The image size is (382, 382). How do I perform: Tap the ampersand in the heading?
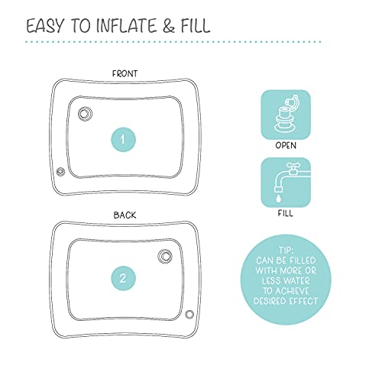pos(168,26)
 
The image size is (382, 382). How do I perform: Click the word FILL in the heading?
pos(196,25)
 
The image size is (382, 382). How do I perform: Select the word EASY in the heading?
pos(45,26)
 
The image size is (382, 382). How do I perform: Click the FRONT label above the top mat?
pos(125,73)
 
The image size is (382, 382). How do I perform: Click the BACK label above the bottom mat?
pos(125,215)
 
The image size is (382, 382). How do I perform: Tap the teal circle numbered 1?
pos(123,140)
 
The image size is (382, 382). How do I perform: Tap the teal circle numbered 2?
pos(123,278)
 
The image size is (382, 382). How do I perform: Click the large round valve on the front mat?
pos(85,113)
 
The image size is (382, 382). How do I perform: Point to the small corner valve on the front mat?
pos(60,172)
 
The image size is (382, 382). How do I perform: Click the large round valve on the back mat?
pos(165,256)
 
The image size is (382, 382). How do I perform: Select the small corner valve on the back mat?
pos(189,315)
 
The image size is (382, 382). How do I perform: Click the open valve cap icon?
pos(286,115)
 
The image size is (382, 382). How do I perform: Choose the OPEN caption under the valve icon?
pos(286,145)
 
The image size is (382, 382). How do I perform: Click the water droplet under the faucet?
pos(278,199)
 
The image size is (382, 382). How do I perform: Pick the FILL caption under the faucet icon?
pos(286,213)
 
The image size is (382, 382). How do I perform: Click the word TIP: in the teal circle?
pos(286,250)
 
